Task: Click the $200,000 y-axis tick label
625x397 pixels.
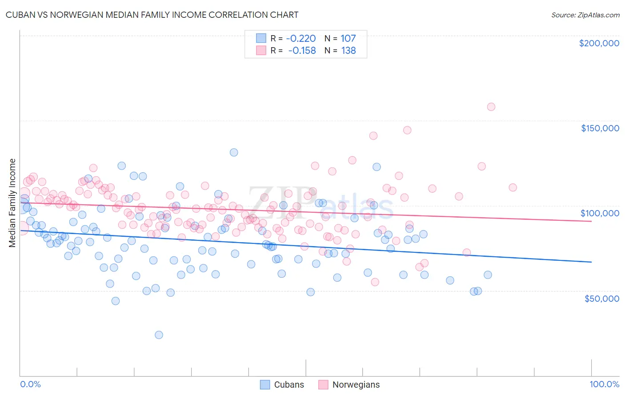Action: click(x=599, y=43)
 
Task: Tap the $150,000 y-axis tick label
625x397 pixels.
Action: click(x=600, y=128)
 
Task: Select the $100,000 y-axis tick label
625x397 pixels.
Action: click(x=600, y=213)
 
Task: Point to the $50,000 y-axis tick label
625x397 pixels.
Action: click(x=601, y=298)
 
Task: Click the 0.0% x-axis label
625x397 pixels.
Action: click(x=30, y=384)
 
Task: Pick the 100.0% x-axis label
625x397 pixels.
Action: click(x=604, y=384)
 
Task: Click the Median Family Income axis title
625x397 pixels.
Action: click(x=12, y=203)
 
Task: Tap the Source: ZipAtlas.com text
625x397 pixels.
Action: click(x=585, y=15)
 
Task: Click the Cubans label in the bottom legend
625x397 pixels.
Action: click(x=289, y=385)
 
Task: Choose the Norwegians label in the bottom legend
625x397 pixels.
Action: click(x=356, y=385)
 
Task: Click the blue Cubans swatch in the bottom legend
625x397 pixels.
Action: click(x=265, y=385)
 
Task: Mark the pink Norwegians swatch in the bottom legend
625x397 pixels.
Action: click(x=323, y=385)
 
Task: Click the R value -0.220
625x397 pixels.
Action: click(x=301, y=38)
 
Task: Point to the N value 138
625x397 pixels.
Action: click(x=349, y=51)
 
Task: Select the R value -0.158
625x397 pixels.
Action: click(x=302, y=51)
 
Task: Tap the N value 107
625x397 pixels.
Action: click(x=348, y=38)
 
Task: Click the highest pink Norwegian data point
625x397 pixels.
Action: click(x=491, y=107)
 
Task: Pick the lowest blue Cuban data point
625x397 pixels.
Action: click(x=159, y=335)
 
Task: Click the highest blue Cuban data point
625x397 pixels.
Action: click(x=234, y=152)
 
